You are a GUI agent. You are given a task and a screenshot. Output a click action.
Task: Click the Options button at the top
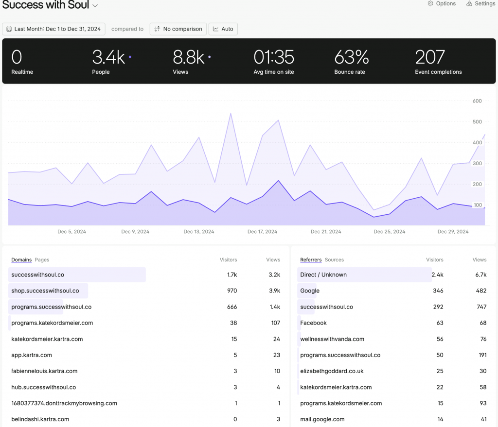(442, 4)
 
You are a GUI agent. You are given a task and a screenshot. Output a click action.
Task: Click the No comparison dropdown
(178, 29)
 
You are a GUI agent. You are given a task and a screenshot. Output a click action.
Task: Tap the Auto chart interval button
(223, 29)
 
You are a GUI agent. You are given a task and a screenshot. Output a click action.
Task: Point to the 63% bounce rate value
(352, 58)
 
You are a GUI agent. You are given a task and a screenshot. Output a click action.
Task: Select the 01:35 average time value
(274, 58)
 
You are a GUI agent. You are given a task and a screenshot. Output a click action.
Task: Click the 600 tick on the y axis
(477, 101)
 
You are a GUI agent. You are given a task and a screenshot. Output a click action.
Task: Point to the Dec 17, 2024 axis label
(262, 232)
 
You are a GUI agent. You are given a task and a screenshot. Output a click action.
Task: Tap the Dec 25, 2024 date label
(389, 232)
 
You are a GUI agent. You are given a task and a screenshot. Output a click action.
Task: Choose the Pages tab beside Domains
(42, 260)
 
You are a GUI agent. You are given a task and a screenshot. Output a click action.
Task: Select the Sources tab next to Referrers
(334, 260)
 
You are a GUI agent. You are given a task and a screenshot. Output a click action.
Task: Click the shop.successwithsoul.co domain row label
(45, 291)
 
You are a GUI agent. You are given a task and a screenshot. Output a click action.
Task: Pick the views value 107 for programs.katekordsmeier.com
(276, 323)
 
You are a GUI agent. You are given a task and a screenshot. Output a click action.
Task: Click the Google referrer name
(310, 291)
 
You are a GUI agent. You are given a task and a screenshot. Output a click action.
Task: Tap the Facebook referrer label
(313, 323)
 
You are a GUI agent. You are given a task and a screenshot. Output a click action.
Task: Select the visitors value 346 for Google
(438, 291)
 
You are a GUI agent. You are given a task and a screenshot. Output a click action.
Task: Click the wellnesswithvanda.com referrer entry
(332, 339)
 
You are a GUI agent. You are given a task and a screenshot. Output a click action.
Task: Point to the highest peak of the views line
(231, 114)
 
